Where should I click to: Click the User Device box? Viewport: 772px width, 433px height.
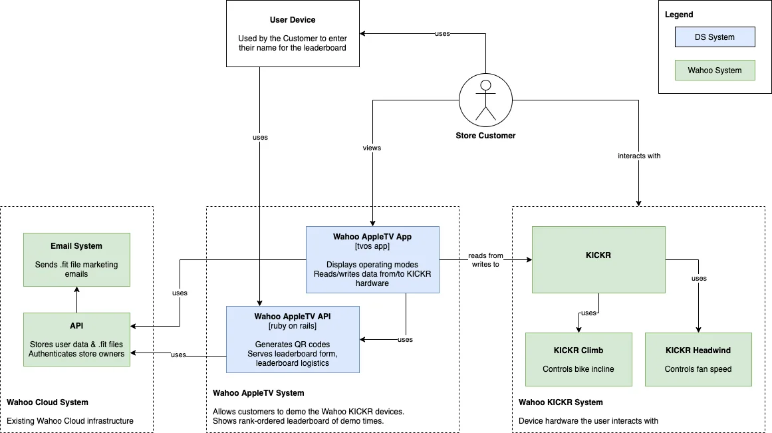click(x=293, y=33)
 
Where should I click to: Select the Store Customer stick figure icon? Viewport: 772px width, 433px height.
click(x=485, y=100)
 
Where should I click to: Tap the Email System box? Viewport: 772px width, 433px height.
click(x=76, y=259)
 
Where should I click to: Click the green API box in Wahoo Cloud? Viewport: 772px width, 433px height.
click(x=76, y=339)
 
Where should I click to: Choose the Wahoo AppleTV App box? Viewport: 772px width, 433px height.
click(x=372, y=259)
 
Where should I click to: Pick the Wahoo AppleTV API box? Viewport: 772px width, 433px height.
click(x=293, y=339)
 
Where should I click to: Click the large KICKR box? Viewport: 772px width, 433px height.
click(x=598, y=259)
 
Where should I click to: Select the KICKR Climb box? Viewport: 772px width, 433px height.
click(x=579, y=359)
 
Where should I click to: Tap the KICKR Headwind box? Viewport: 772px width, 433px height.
click(x=698, y=359)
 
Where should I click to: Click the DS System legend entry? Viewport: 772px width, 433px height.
click(x=715, y=37)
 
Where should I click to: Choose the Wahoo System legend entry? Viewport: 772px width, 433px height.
click(x=715, y=71)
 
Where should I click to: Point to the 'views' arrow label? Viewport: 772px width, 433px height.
click(x=372, y=148)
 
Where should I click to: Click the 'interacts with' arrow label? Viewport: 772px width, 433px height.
click(x=639, y=156)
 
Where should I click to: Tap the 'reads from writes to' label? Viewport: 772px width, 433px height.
click(x=485, y=260)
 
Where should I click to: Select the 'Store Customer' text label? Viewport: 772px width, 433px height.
click(x=485, y=136)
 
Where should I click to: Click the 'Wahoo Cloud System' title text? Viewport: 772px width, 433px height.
click(x=47, y=402)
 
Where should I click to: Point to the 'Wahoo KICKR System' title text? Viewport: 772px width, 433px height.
click(x=561, y=402)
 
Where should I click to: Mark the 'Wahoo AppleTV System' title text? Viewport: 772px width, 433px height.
click(x=259, y=393)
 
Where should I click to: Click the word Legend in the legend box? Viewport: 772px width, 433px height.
click(x=679, y=15)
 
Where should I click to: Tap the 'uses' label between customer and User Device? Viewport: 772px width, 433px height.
click(x=443, y=33)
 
